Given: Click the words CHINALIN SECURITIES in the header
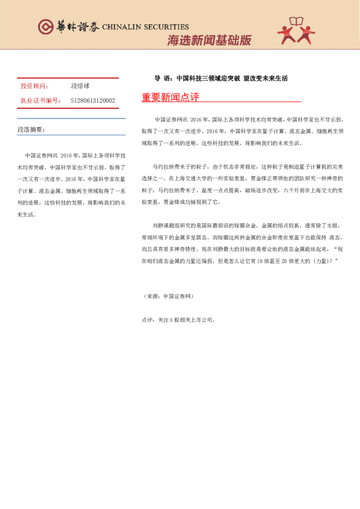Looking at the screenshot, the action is (x=146, y=27).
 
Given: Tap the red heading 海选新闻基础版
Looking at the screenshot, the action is (x=209, y=41).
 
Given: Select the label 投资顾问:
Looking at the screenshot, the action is (x=34, y=86).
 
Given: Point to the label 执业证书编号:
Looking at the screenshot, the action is (x=41, y=100).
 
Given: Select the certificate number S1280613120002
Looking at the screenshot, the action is (x=93, y=100).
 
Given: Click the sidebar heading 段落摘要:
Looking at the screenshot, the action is (x=31, y=130).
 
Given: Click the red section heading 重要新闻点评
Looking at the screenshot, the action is (x=170, y=97).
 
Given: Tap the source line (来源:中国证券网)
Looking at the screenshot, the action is (x=168, y=296).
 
